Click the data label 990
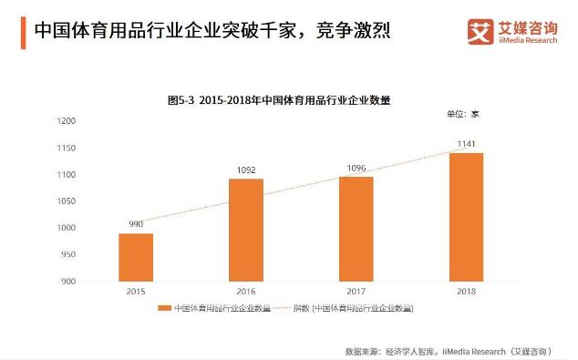coord(136,224)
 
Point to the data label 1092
coord(246,170)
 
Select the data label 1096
coord(356,168)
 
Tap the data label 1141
coord(466,143)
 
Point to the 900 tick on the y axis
coord(68,282)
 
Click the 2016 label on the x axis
coord(246,292)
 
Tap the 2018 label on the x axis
coord(466,292)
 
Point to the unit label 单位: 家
coord(462,114)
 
